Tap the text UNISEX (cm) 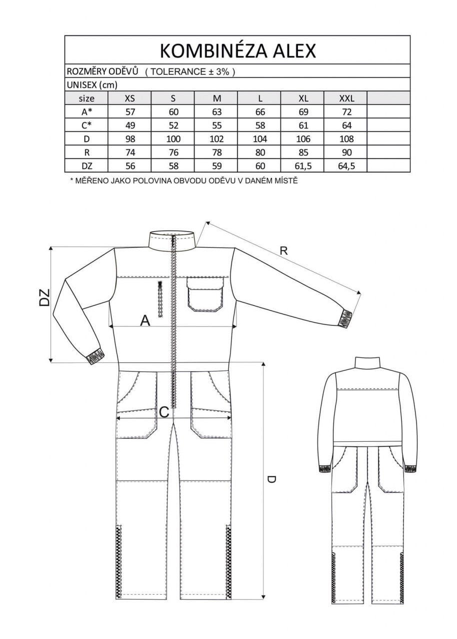click(91, 85)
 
